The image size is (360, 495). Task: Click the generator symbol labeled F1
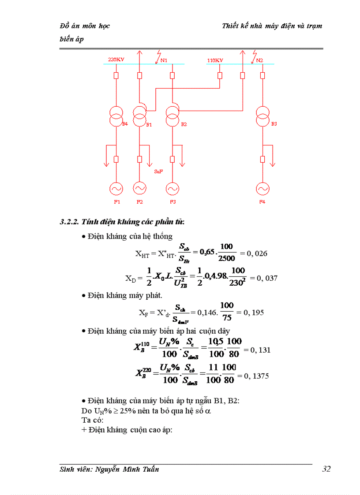tap(116, 189)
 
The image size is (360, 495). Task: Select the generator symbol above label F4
tap(262, 189)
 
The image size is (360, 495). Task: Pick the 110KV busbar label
tap(215, 60)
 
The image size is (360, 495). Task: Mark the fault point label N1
tap(164, 60)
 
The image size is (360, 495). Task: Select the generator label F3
tap(172, 202)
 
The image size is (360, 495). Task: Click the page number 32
tap(326, 469)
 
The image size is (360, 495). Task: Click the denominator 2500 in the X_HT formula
tap(227, 258)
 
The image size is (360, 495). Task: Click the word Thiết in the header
tap(230, 26)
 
